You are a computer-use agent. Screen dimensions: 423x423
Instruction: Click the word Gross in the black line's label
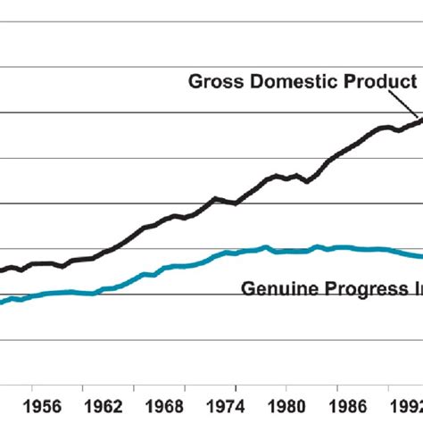click(x=215, y=81)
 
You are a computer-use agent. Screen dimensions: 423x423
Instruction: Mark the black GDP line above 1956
click(x=32, y=264)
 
